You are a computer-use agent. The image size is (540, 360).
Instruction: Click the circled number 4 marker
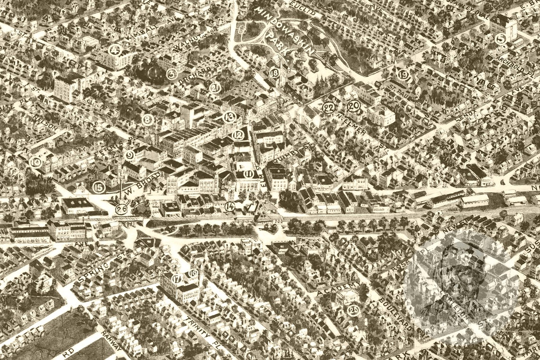pos(115,50)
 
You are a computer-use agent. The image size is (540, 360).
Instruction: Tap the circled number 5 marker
pos(501,39)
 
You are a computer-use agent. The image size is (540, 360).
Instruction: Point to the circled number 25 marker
pos(353,310)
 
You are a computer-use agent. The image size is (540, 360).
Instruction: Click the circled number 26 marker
pos(122,209)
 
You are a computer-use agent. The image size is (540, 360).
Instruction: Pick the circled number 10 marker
pos(36,162)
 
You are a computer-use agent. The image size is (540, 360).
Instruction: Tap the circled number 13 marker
pos(230,117)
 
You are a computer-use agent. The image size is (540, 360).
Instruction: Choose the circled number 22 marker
pos(328,108)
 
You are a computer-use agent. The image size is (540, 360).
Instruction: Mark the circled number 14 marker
pos(230,206)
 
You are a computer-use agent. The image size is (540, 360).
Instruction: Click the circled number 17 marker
pos(177,279)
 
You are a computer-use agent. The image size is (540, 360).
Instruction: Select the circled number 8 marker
pos(148,120)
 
